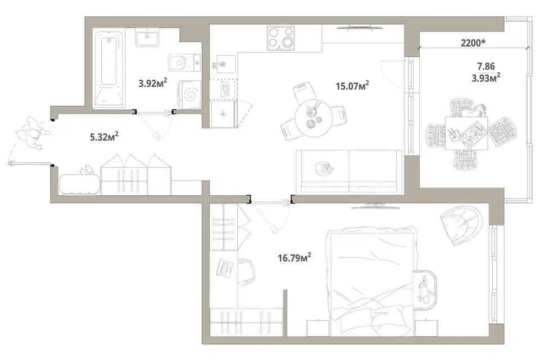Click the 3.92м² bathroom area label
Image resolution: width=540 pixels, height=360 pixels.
click(153, 83)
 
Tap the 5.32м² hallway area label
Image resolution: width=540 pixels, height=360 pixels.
click(105, 137)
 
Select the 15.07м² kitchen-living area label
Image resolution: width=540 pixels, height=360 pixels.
click(353, 85)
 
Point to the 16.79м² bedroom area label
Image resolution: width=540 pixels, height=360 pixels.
click(295, 257)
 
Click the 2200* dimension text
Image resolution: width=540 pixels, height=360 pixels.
click(473, 43)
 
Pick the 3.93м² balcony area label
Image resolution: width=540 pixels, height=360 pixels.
click(486, 78)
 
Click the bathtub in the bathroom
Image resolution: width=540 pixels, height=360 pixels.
click(109, 69)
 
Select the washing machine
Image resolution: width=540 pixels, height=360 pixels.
click(189, 94)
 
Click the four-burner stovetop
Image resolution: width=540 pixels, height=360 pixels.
click(281, 38)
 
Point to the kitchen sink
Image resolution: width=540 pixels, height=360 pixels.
click(223, 64)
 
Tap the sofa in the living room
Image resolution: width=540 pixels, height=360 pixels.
click(349, 171)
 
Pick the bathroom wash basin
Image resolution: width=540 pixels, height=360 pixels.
click(147, 38)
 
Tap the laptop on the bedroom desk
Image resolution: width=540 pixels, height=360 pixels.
click(224, 268)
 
